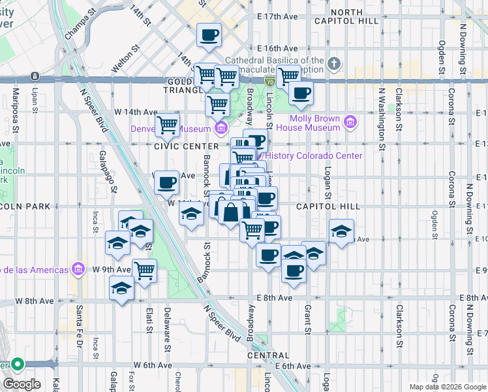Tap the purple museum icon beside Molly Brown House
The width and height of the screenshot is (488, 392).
pos(350,122)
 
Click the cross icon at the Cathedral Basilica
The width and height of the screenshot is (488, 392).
pos(334,64)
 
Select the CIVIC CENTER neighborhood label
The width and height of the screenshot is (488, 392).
pos(186,146)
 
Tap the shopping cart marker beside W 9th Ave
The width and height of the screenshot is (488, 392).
pos(145,270)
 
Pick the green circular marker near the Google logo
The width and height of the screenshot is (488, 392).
pos(17,365)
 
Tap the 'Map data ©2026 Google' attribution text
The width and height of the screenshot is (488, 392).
pos(448,387)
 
